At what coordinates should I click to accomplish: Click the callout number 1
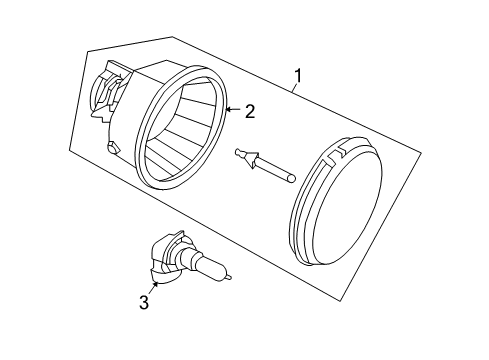[x=298, y=75]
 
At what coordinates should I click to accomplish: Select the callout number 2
[x=250, y=112]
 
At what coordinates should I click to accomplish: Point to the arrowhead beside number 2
[x=228, y=108]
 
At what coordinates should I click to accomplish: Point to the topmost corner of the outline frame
[x=172, y=37]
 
